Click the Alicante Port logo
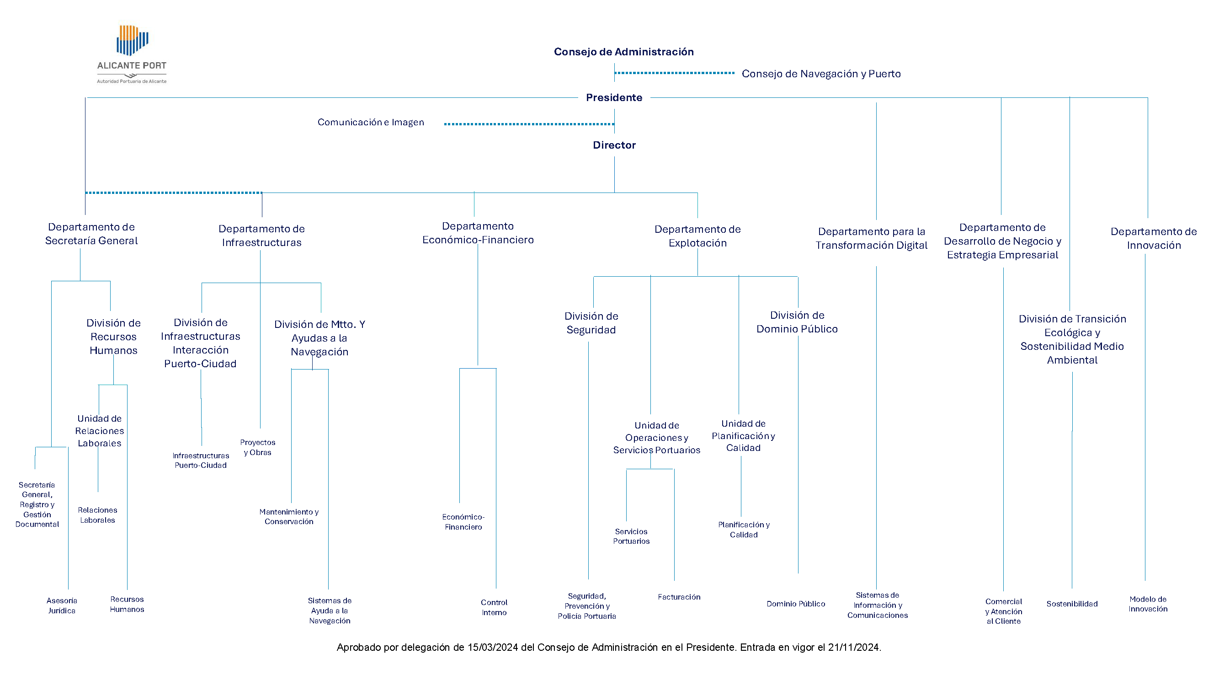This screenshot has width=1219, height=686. [x=132, y=54]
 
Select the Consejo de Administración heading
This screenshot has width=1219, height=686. [x=624, y=52]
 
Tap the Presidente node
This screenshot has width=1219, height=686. [x=614, y=97]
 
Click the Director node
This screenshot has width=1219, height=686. [x=614, y=145]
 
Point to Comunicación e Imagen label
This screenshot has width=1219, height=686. [x=371, y=122]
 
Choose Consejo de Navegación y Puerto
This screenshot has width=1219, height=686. [x=821, y=74]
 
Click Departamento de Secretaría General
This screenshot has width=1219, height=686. [x=91, y=234]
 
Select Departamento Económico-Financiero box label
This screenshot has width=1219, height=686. [x=478, y=233]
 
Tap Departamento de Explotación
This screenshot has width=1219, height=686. [x=697, y=236]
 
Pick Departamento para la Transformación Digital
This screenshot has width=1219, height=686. [x=871, y=238]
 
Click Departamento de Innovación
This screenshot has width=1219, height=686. [x=1154, y=238]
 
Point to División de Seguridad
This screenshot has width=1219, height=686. [x=591, y=323]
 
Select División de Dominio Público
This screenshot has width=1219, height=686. [x=797, y=322]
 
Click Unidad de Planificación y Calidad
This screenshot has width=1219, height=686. [x=743, y=435]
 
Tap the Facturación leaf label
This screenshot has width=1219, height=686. [x=679, y=597]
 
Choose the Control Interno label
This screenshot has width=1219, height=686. [x=494, y=607]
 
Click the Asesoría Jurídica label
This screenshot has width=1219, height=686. [x=62, y=606]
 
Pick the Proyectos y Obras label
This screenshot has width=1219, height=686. [x=257, y=447]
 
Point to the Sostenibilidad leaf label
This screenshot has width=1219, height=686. [x=1072, y=604]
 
